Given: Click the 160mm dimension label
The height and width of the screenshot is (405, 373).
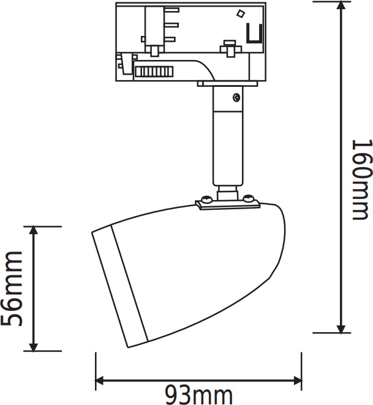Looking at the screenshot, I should point(361,179).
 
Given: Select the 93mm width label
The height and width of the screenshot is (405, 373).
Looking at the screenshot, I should point(199,395).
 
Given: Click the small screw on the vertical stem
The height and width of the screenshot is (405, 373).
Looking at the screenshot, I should point(236,96).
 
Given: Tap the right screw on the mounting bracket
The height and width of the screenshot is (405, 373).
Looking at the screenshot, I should point(249,198).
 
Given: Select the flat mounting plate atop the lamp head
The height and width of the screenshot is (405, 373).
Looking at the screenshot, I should point(228,206).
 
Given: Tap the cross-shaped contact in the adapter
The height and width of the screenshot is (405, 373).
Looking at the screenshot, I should point(230,45).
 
